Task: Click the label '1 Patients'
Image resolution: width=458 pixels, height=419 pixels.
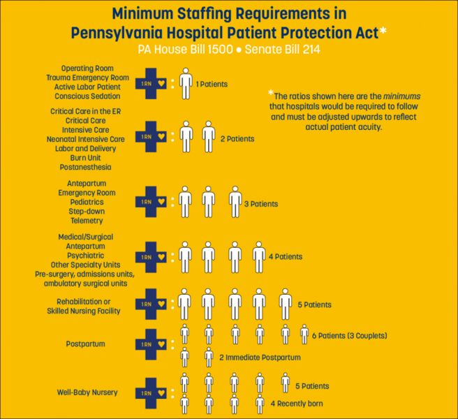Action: (212, 84)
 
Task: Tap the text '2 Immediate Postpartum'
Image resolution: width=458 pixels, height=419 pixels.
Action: (260, 358)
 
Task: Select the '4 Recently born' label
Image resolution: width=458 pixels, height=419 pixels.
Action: (296, 404)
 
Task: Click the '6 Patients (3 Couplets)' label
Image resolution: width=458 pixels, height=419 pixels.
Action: (349, 336)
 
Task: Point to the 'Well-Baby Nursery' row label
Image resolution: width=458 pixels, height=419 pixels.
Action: (87, 392)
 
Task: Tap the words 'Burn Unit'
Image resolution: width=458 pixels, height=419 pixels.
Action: (87, 158)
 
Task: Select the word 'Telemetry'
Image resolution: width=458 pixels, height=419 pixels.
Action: (87, 221)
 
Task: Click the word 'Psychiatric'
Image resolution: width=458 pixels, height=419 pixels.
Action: (86, 256)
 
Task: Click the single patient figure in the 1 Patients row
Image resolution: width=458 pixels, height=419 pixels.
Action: (185, 83)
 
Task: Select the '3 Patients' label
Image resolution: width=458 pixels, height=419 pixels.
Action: (261, 204)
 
